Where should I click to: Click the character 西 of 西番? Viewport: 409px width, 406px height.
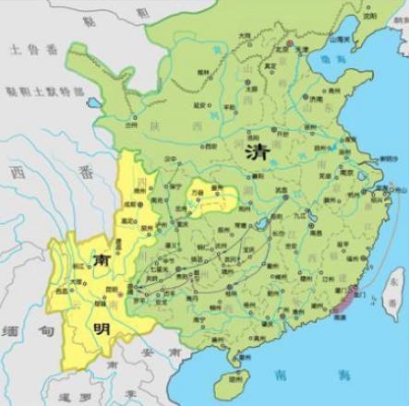[x=13, y=171]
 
